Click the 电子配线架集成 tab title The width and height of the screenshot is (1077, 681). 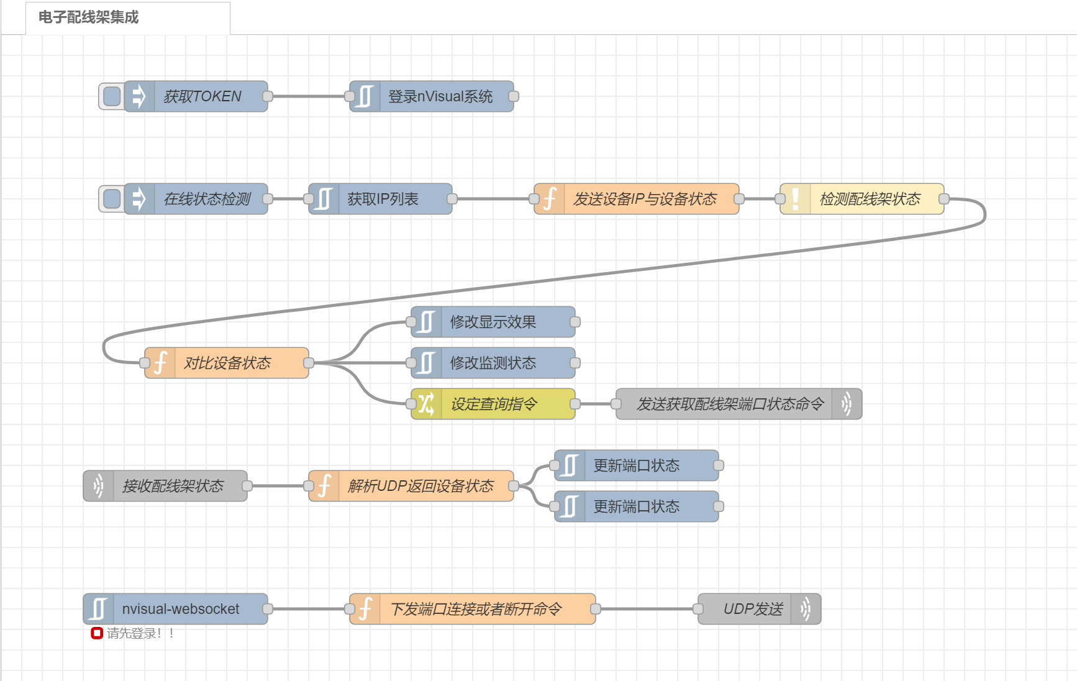coord(89,17)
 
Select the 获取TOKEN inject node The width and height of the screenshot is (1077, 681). coord(202,96)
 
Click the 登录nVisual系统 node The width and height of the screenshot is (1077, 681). coord(440,96)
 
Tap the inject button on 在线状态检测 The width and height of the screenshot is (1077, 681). coord(112,199)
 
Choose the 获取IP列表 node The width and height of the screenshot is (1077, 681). coord(383,199)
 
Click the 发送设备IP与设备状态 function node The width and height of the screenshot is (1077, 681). coord(645,199)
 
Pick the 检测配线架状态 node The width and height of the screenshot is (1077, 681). coord(870,199)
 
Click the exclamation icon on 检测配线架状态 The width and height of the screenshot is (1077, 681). coord(796,199)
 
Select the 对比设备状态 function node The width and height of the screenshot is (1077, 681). coord(227,363)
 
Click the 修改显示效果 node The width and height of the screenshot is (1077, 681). coord(493,322)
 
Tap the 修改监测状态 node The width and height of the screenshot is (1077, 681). coord(493,363)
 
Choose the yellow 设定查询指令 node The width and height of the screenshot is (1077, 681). coord(494,404)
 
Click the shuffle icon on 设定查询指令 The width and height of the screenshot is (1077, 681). coord(426,404)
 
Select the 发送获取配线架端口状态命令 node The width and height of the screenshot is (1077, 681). coord(730,404)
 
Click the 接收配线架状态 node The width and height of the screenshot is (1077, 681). coord(173,486)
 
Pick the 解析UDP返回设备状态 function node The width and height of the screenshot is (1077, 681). coord(420,486)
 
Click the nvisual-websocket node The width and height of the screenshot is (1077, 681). coord(180,609)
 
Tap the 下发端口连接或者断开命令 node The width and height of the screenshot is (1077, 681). coord(476,609)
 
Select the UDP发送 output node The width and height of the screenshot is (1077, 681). coord(753,609)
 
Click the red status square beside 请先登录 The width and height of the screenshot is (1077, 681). coord(97,633)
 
